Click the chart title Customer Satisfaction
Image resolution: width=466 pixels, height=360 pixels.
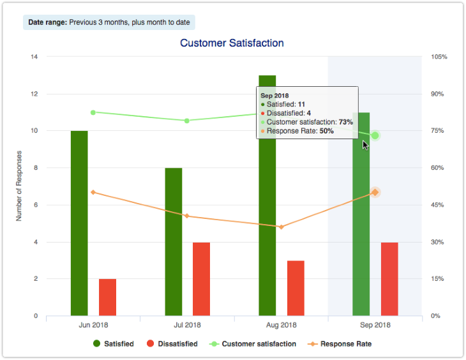[x=232, y=43]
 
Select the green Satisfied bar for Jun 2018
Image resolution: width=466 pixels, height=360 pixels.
[x=79, y=223]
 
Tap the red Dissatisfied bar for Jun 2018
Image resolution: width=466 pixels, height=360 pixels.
[x=107, y=297]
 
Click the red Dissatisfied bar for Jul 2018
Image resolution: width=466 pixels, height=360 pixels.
[x=201, y=279]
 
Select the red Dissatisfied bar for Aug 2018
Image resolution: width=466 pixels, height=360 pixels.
[x=296, y=288]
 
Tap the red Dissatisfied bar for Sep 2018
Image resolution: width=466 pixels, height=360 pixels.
[x=389, y=279]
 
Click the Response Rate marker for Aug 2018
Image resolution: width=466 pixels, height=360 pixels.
[x=281, y=227]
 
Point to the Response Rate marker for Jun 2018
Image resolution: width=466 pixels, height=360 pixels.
[x=93, y=192]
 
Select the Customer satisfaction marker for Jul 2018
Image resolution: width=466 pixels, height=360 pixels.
[x=187, y=121]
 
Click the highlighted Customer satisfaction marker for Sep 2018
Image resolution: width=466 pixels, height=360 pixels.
[x=375, y=135]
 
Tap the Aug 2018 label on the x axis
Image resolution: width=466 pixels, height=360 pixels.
[x=281, y=325]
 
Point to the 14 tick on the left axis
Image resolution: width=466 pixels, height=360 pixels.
[x=34, y=57]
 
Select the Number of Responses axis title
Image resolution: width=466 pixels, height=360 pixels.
[x=19, y=186]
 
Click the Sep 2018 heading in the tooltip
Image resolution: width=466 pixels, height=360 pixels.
[x=275, y=94]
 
